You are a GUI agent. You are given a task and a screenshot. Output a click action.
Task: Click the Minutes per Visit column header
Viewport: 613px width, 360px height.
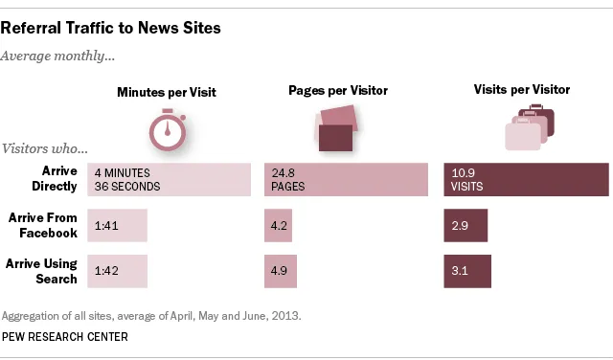167,93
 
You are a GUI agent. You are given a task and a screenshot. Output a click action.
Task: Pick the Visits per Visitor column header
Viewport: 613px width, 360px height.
522,90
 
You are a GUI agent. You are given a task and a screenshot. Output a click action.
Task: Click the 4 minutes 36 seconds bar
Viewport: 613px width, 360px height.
167,180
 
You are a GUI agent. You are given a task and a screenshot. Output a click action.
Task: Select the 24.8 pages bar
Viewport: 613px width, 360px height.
345,180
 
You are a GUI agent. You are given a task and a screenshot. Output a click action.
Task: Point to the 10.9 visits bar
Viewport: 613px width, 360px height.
525,180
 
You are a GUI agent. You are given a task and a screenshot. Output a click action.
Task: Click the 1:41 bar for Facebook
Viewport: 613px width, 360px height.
117,226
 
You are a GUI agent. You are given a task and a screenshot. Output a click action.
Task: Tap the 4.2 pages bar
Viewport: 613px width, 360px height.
278,226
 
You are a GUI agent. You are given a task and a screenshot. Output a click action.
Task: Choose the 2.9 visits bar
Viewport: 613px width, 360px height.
465,226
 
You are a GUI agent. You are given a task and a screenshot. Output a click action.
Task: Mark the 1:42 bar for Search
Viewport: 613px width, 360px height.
117,271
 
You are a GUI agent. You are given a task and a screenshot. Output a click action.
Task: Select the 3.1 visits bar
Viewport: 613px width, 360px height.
466,271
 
